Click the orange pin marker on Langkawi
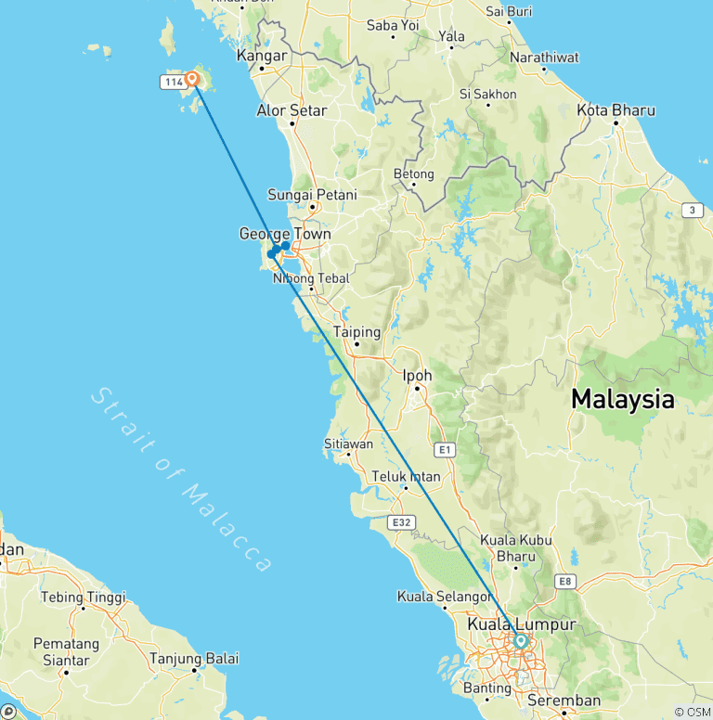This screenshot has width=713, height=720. click(x=192, y=79)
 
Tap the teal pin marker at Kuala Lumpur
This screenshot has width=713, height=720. click(x=521, y=640)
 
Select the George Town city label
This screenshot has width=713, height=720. click(x=285, y=234)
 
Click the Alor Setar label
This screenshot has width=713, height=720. click(x=292, y=110)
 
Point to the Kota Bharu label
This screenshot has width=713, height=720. click(x=616, y=110)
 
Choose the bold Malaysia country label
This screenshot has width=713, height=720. click(x=622, y=400)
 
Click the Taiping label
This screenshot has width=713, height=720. click(x=357, y=331)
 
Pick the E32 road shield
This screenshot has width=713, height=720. click(x=401, y=523)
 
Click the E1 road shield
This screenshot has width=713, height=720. click(x=446, y=450)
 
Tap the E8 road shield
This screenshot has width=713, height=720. click(x=564, y=582)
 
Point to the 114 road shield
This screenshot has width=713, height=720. click(x=172, y=83)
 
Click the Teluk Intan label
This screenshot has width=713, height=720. click(x=406, y=477)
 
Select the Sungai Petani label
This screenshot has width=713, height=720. click(x=312, y=195)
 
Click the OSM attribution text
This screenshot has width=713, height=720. click(x=693, y=712)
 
